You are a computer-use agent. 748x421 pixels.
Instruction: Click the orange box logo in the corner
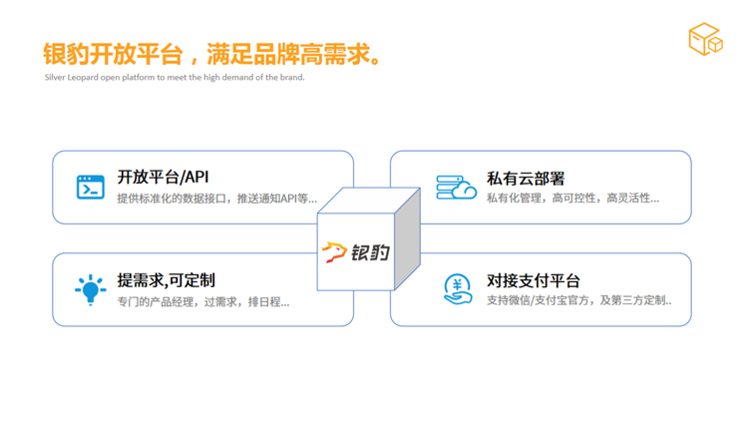(705, 39)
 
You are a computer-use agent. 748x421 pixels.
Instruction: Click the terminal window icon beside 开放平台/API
(91, 187)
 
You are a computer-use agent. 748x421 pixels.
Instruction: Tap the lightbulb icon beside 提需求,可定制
(90, 289)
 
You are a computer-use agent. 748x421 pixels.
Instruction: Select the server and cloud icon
(456, 188)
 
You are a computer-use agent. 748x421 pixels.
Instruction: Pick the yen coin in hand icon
(458, 288)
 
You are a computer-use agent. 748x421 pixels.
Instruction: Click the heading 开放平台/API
(164, 178)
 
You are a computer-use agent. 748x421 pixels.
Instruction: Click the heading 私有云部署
(526, 179)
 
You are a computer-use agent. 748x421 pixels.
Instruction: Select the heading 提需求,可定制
(166, 280)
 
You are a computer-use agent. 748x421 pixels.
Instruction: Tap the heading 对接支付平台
(534, 280)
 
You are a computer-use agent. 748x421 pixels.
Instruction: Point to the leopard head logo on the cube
(334, 252)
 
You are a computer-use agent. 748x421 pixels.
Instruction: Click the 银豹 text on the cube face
(371, 252)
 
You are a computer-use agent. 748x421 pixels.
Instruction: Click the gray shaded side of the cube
(407, 238)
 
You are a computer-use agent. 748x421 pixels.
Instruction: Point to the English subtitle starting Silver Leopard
(175, 78)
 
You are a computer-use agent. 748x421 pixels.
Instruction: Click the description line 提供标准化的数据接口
(217, 199)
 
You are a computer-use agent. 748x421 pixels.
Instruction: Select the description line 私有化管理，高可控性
(572, 199)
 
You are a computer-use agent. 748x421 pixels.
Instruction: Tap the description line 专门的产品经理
(203, 302)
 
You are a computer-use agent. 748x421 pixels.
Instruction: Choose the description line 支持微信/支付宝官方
(579, 300)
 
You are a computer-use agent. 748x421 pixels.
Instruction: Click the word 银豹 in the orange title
(66, 54)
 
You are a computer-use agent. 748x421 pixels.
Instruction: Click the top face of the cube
(369, 201)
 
